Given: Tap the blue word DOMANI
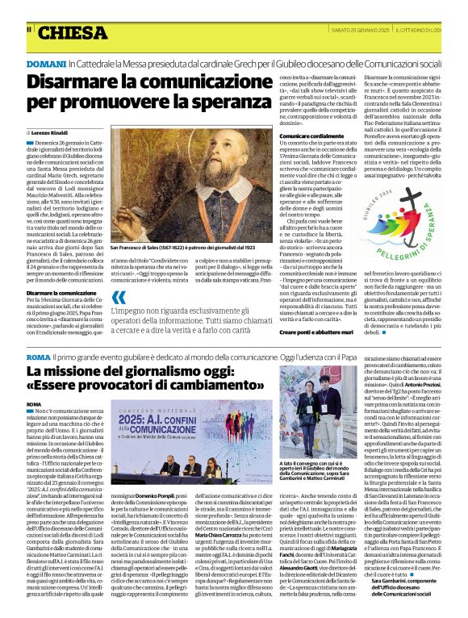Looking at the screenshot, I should [45, 61].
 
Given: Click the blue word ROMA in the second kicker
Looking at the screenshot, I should [38, 356].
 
